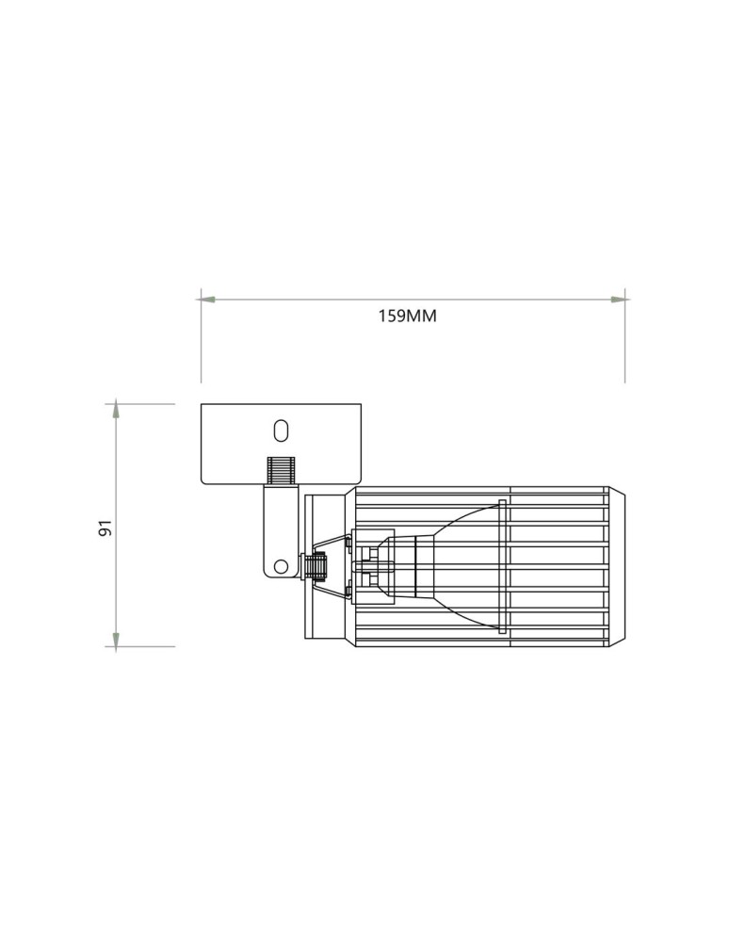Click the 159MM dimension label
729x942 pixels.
(407, 316)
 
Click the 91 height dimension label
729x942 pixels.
(105, 528)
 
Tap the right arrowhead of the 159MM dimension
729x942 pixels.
(618, 299)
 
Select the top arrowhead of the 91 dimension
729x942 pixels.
(117, 412)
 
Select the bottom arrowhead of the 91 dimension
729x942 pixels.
(117, 639)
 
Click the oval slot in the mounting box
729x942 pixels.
(281, 430)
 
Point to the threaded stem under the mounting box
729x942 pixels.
(281, 471)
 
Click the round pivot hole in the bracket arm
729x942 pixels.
(280, 565)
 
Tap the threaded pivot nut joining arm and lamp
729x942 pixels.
(316, 565)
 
